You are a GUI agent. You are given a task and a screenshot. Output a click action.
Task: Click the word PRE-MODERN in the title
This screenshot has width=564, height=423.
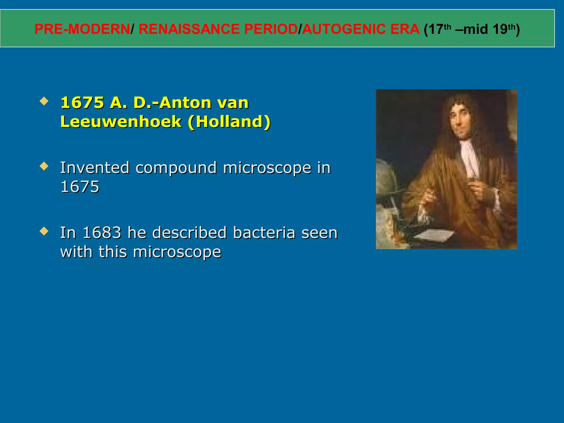pyautogui.click(x=82, y=29)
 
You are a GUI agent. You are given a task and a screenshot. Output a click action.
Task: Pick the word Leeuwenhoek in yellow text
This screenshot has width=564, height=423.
pyautogui.click(x=121, y=122)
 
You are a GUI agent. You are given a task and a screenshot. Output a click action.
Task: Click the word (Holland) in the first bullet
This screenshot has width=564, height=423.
pyautogui.click(x=229, y=122)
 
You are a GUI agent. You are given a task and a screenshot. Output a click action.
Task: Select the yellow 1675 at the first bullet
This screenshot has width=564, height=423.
pyautogui.click(x=82, y=103)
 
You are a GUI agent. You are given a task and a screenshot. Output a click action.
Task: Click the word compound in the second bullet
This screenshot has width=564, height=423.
pyautogui.click(x=176, y=168)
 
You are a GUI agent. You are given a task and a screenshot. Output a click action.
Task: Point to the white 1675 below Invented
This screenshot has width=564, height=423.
pyautogui.click(x=80, y=187)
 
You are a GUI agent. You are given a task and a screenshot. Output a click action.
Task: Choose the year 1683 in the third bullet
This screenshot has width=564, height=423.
pyautogui.click(x=102, y=233)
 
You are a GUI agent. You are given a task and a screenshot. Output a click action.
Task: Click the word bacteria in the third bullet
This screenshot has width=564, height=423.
pyautogui.click(x=264, y=233)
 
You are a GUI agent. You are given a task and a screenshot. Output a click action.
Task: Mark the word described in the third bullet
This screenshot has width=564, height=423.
pyautogui.click(x=189, y=233)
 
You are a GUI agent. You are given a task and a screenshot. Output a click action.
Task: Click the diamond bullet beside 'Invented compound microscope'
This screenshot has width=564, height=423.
pyautogui.click(x=44, y=166)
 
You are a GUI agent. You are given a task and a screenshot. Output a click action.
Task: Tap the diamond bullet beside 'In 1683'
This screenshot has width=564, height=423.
pyautogui.click(x=44, y=231)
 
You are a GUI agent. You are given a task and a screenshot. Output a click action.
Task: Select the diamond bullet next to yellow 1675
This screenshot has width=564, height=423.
pyautogui.click(x=44, y=101)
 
